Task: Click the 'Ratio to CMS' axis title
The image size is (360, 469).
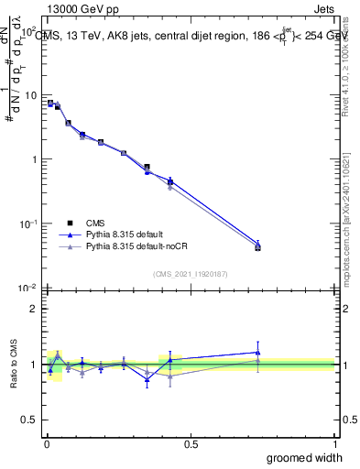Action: click(x=15, y=364)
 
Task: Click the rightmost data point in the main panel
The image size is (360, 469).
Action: click(x=257, y=246)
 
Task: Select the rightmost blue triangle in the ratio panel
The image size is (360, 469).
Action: click(x=257, y=353)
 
